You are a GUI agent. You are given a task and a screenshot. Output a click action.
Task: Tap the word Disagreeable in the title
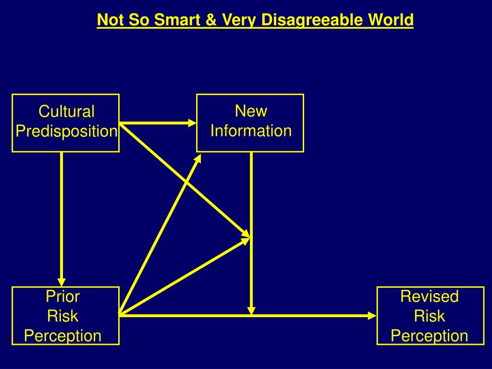(303, 20)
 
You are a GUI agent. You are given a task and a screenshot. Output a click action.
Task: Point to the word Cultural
(66, 112)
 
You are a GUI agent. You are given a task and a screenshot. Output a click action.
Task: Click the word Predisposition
(66, 131)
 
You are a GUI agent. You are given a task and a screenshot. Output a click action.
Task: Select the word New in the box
(251, 111)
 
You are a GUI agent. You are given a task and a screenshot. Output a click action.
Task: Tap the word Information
(251, 131)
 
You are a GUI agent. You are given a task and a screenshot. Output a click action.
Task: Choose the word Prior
(62, 296)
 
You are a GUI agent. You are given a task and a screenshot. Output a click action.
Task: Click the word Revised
(430, 296)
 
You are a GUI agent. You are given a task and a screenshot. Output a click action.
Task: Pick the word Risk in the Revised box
(430, 316)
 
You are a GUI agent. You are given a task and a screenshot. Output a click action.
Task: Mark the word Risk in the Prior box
(62, 316)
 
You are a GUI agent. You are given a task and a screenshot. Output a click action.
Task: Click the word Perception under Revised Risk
(430, 335)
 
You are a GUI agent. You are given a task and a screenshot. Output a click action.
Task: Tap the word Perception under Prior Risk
(62, 335)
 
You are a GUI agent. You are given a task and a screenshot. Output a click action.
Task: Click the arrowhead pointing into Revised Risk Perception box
(372, 315)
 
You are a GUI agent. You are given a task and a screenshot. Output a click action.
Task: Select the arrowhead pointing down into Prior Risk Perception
(61, 282)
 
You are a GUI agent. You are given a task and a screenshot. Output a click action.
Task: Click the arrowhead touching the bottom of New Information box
(199, 157)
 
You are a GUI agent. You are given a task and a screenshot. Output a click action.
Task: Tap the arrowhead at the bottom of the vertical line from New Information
(251, 310)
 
